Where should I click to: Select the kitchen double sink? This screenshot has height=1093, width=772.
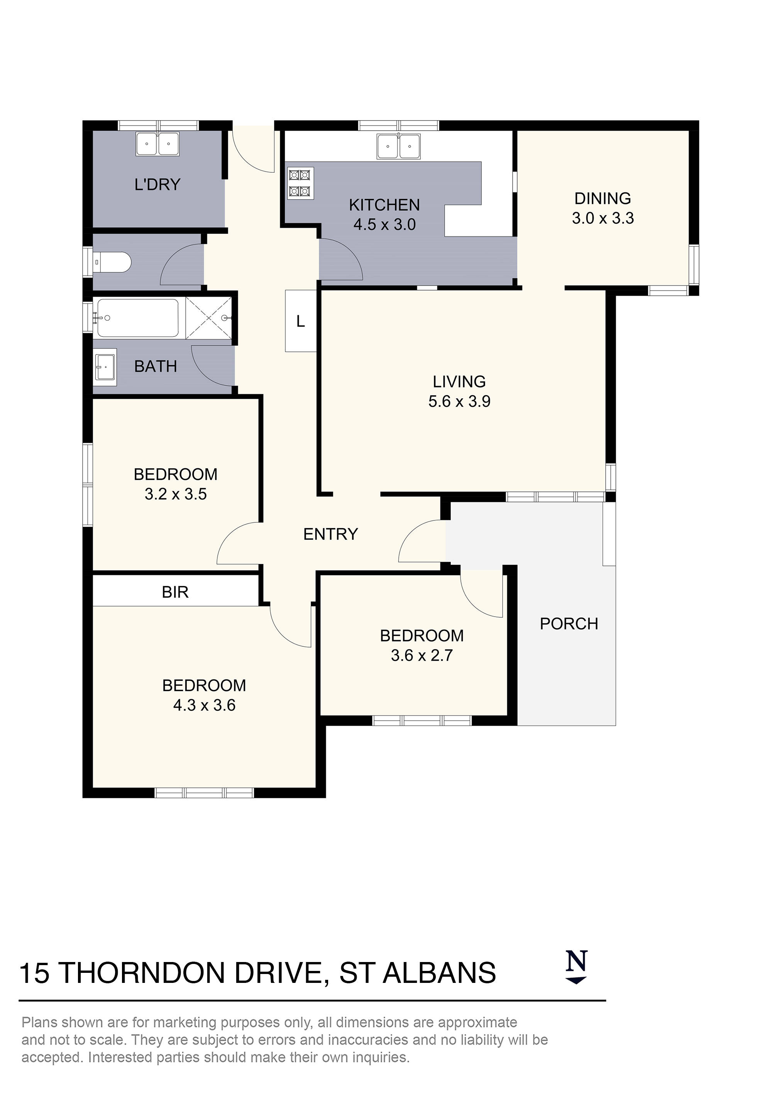[399, 146]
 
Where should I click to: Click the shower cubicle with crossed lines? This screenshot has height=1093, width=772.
[208, 318]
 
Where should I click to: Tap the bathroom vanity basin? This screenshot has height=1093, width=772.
[105, 367]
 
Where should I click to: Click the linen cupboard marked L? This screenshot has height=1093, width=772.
[301, 321]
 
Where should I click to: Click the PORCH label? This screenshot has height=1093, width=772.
[569, 624]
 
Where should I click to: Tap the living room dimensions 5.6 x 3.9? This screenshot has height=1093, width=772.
[459, 401]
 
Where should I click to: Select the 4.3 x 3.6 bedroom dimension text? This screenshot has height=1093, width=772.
[204, 705]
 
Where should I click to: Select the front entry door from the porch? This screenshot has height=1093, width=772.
[421, 543]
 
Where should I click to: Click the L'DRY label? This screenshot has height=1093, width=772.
[157, 184]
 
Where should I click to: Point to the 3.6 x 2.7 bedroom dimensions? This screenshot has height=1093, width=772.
[422, 656]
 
